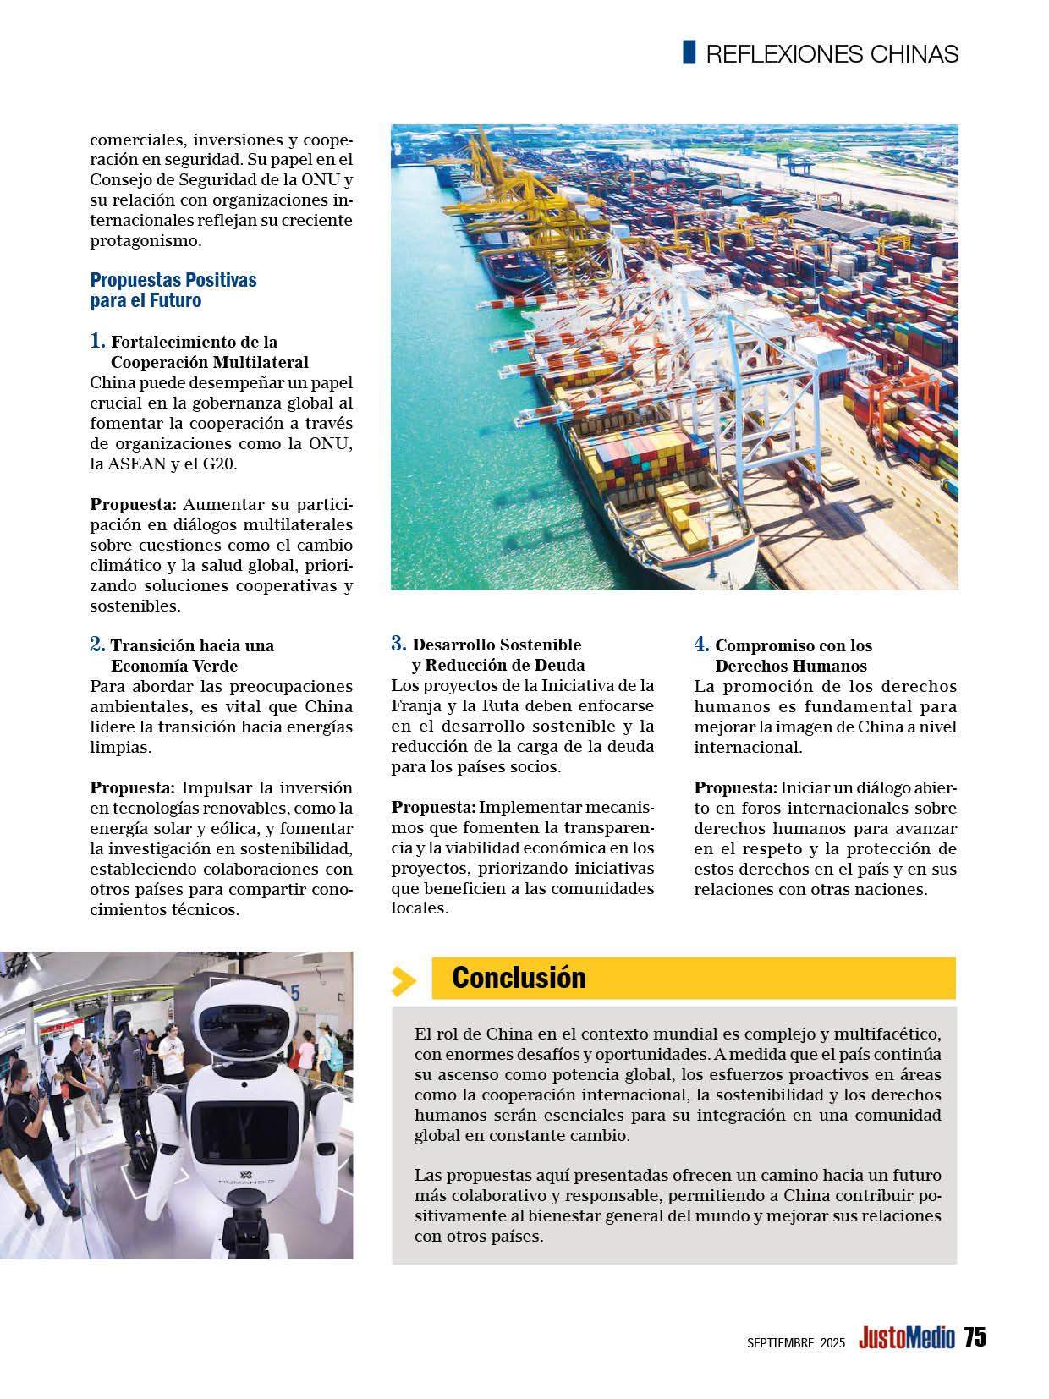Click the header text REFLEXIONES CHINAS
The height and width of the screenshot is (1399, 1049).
pos(832,54)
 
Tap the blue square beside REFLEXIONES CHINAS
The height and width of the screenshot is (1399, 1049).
pos(689,52)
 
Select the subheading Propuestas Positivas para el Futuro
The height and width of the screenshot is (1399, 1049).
pos(173,289)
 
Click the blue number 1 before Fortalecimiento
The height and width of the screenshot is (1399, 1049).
pos(97,341)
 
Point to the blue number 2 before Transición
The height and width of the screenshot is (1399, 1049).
pos(97,645)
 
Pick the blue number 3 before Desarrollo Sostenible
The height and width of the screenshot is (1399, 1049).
pos(398,644)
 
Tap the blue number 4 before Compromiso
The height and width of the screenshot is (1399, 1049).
pos(701,645)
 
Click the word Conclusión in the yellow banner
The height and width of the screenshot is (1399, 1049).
pos(519,978)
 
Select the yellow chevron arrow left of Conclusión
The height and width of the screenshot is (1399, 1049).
pos(404,980)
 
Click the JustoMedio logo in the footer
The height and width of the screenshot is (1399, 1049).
pos(906,1338)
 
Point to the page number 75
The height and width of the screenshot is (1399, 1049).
pos(975,1337)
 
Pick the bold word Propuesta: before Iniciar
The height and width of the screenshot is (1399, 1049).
pos(735,787)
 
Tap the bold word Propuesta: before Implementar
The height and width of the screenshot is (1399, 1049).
pos(433,808)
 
